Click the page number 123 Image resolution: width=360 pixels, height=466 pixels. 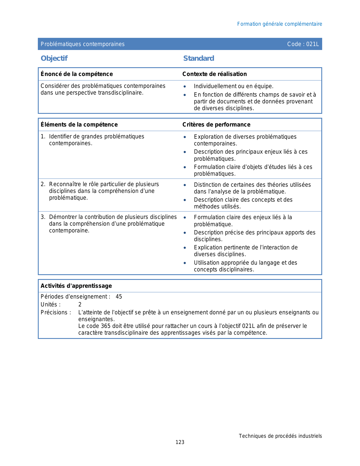(x=180, y=442)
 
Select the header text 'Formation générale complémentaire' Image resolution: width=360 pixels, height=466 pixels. (x=280, y=24)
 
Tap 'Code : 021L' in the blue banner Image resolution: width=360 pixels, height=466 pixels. (x=303, y=44)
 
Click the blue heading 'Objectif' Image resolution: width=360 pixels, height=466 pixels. (x=54, y=58)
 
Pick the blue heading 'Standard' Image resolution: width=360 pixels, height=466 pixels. (x=198, y=58)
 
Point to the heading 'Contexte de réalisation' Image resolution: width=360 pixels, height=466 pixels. (x=215, y=74)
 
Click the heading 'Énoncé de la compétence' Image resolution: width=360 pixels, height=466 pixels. (x=77, y=74)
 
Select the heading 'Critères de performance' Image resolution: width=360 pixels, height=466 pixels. (x=216, y=125)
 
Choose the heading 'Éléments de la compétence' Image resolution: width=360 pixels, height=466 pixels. (x=79, y=125)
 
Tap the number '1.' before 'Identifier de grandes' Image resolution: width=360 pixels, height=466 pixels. (x=43, y=137)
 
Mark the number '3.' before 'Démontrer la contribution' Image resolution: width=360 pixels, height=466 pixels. (x=43, y=217)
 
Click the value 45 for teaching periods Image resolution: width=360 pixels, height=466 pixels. (x=119, y=297)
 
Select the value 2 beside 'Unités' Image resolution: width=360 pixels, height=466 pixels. (x=80, y=304)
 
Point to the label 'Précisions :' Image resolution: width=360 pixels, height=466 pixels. (x=56, y=312)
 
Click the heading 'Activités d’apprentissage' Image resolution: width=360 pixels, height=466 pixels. (x=76, y=286)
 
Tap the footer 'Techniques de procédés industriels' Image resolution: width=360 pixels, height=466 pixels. (x=280, y=436)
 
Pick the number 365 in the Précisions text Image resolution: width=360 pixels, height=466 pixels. (x=106, y=326)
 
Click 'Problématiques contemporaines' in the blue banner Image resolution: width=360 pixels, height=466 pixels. (x=82, y=44)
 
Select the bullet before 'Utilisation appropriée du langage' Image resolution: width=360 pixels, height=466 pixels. (x=185, y=263)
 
